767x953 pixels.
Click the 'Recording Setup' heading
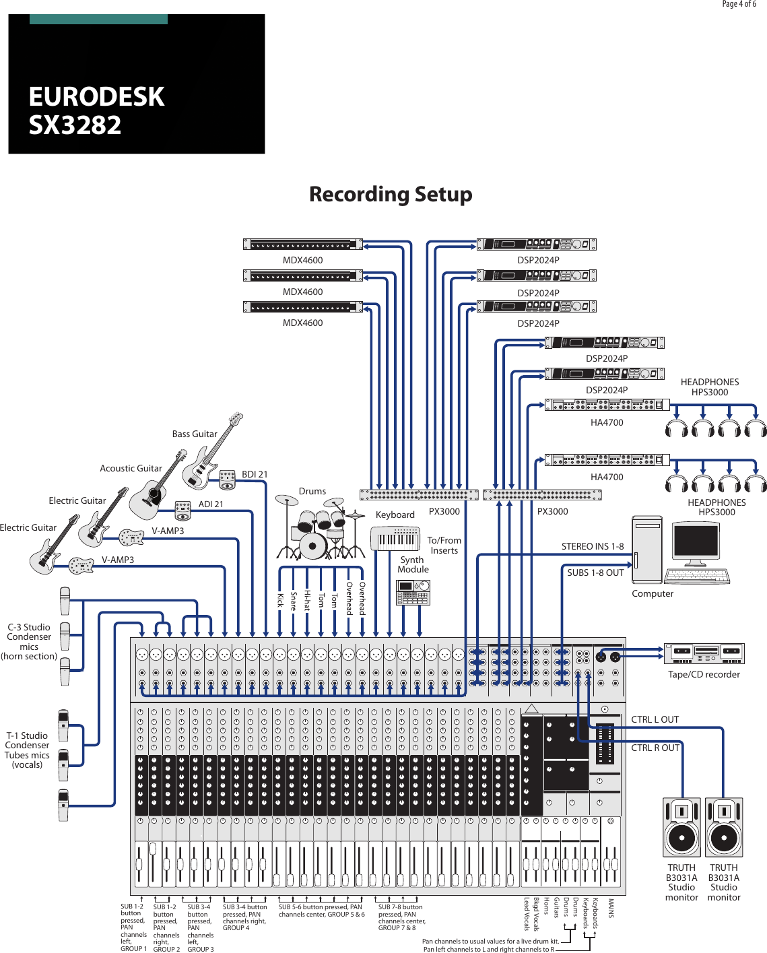[x=391, y=195]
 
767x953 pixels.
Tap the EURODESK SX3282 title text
[x=96, y=111]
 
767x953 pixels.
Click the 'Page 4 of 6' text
[x=739, y=4]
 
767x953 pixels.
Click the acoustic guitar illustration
[x=156, y=488]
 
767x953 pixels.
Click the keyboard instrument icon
[x=395, y=539]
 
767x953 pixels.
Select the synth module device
[x=413, y=592]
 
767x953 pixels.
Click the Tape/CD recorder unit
[x=704, y=653]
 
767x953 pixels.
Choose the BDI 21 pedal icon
[x=228, y=480]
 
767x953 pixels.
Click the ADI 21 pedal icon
[x=183, y=510]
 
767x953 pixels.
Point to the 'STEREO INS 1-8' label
[x=593, y=546]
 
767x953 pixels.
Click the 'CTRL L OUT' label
[x=655, y=719]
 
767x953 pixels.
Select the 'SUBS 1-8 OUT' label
[x=595, y=572]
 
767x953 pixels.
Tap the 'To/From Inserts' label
[x=444, y=546]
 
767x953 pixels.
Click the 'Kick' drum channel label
[x=280, y=599]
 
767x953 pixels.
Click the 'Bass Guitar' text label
[x=195, y=434]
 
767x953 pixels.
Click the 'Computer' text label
[x=652, y=593]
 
